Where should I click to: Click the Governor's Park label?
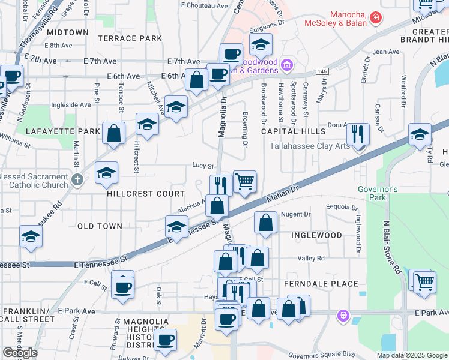[378, 193]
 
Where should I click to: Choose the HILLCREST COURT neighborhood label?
[145, 194]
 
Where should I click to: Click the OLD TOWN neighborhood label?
[100, 226]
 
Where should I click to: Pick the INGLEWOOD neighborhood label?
[316, 235]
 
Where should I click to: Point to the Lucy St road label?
[203, 166]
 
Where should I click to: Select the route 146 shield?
[322, 71]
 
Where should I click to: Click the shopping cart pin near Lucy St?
[244, 180]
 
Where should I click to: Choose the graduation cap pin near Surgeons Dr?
[261, 44]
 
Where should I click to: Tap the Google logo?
[20, 353]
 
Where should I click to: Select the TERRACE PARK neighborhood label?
[130, 38]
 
